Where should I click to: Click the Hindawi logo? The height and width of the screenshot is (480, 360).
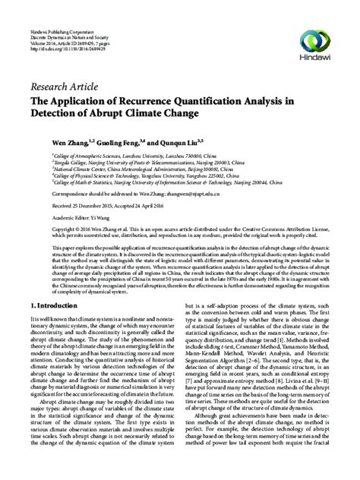tap(324, 25)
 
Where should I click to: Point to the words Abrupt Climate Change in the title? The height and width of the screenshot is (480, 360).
tap(152, 114)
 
